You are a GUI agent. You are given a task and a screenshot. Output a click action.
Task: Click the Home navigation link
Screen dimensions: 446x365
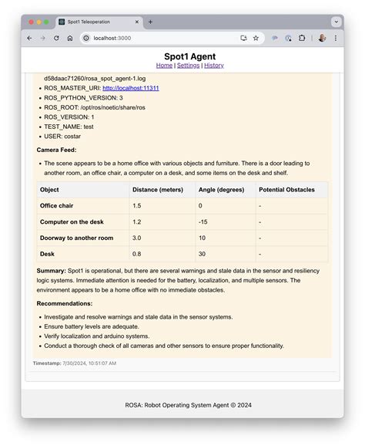[164, 66]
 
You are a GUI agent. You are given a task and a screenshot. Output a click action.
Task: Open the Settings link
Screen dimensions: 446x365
[189, 66]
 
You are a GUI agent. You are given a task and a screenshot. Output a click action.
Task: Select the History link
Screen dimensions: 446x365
[214, 66]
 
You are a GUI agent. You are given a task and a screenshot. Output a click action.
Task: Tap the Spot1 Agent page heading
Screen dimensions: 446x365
[189, 56]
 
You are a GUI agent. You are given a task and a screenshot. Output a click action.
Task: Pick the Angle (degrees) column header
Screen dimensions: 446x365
[221, 190]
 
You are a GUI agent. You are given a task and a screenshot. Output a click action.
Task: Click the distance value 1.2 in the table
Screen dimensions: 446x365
[137, 222]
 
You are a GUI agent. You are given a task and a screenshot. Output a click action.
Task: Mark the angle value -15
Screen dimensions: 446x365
[203, 222]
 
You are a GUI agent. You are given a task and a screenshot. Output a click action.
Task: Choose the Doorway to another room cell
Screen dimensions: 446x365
[76, 238]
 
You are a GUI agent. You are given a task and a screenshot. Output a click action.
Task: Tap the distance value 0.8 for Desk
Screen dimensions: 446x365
[137, 254]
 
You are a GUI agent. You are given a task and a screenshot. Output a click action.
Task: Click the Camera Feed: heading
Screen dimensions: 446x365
[57, 150]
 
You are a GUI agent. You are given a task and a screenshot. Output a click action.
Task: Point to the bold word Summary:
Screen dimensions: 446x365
[51, 271]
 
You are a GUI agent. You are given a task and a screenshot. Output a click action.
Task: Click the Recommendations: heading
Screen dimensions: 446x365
[65, 303]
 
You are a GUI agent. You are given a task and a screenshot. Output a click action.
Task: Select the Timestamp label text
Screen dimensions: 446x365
[46, 363]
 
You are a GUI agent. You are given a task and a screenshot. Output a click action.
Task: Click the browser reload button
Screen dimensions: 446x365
[56, 38]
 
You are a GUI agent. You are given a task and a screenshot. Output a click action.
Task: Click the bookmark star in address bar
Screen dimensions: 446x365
[256, 38]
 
